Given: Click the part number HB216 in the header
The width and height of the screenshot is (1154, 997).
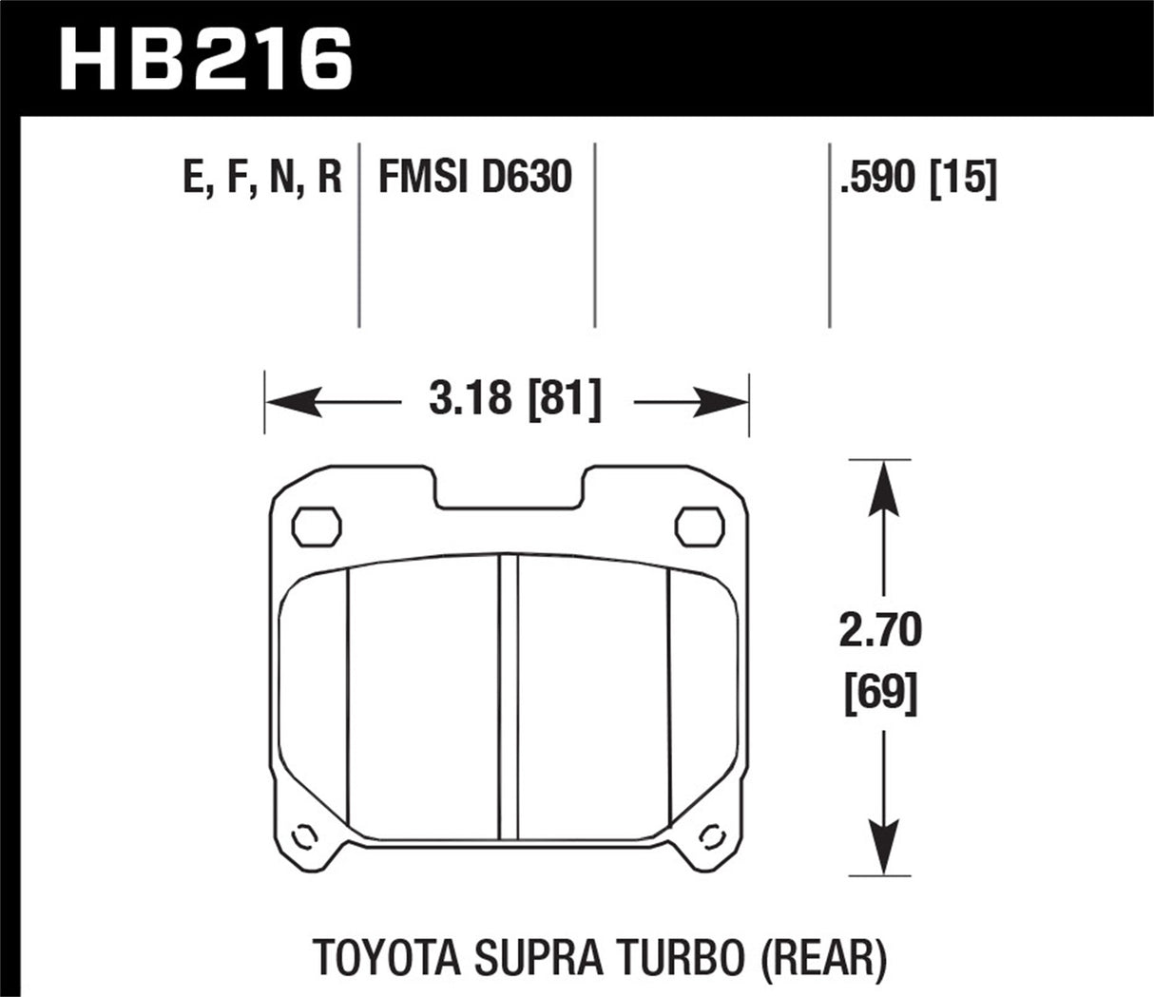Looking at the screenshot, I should pyautogui.click(x=205, y=59).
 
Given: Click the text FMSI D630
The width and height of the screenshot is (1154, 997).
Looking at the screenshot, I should pyautogui.click(x=475, y=178).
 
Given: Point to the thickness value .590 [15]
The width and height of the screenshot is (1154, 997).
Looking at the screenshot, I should pyautogui.click(x=917, y=178).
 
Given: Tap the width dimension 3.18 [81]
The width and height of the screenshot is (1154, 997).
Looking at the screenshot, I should pyautogui.click(x=514, y=402).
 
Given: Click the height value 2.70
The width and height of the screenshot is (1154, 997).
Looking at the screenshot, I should pyautogui.click(x=880, y=631).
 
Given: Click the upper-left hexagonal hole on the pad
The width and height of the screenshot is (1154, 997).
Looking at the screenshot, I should pyautogui.click(x=317, y=526).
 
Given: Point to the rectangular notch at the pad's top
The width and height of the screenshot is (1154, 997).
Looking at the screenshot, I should pyautogui.click(x=509, y=487).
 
